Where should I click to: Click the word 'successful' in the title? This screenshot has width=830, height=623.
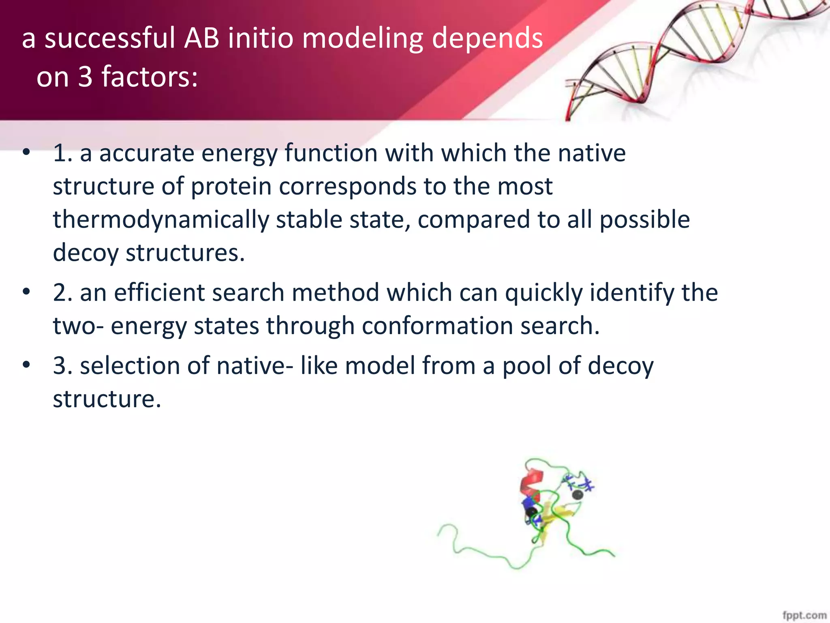[110, 38]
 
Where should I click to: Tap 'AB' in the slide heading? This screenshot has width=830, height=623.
[201, 38]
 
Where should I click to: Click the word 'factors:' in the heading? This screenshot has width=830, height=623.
[150, 77]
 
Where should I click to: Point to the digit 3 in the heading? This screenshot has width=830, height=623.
[85, 77]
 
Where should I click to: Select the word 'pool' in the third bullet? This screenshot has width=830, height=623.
[527, 366]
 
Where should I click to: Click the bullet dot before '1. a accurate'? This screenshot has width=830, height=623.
[26, 153]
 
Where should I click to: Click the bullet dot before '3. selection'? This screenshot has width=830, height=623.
[26, 365]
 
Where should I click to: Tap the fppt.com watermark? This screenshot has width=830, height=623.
[804, 615]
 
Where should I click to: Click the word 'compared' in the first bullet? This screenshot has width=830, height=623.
[474, 220]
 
